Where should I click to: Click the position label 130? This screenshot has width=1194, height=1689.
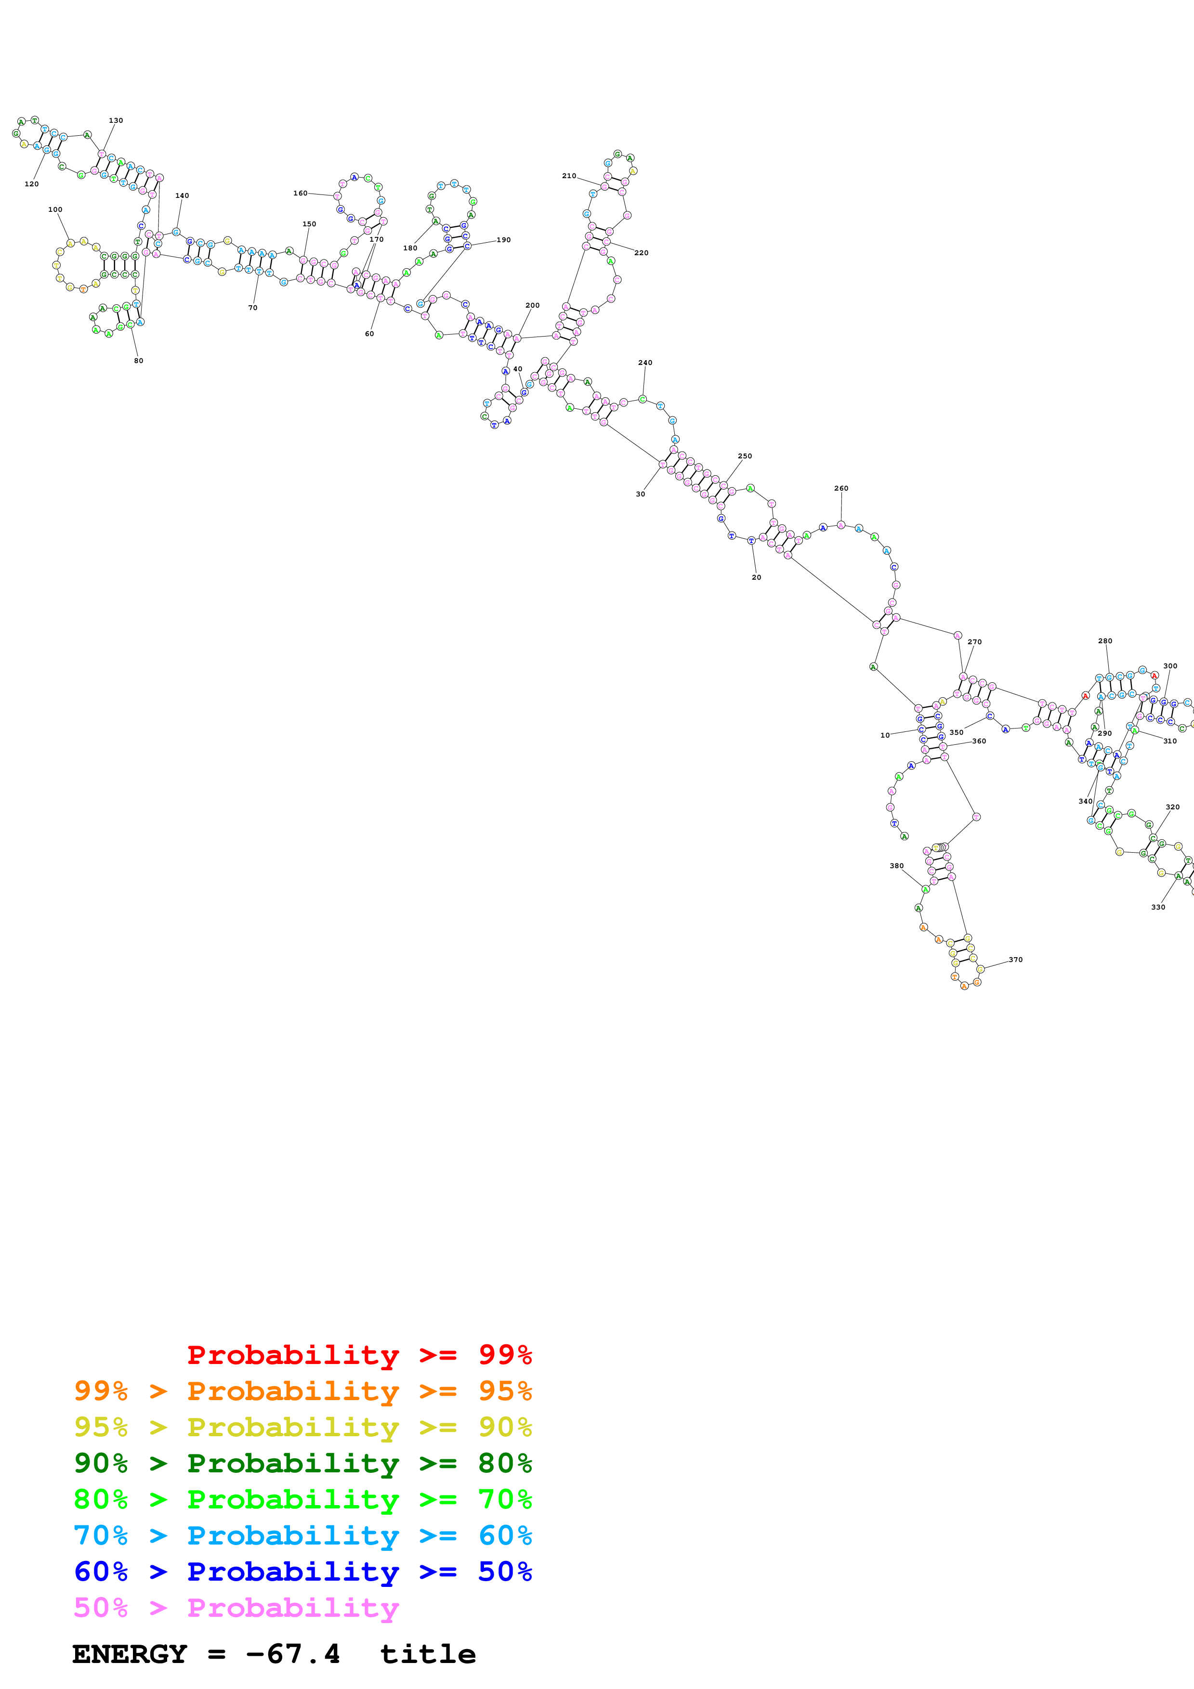[x=116, y=121]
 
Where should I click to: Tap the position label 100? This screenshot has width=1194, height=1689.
[x=55, y=209]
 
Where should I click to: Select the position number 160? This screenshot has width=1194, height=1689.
[x=300, y=194]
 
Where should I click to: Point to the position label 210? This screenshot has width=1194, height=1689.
[x=569, y=176]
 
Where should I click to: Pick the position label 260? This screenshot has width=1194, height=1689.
[x=841, y=489]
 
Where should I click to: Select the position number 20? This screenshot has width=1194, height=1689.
[x=756, y=577]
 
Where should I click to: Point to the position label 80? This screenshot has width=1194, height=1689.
[x=138, y=361]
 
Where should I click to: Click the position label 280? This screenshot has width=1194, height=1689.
[x=1105, y=641]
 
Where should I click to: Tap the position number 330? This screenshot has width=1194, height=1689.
[x=1158, y=907]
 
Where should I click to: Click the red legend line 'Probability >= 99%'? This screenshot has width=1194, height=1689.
[x=359, y=1355]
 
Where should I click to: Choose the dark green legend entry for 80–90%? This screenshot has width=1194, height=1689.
[x=302, y=1463]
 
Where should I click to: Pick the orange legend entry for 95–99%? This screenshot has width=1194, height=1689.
[x=302, y=1391]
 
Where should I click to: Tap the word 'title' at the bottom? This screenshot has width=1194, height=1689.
[x=427, y=1654]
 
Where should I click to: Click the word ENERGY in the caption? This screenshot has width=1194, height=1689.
[x=130, y=1654]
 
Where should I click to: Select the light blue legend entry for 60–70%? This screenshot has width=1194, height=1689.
[x=302, y=1535]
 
